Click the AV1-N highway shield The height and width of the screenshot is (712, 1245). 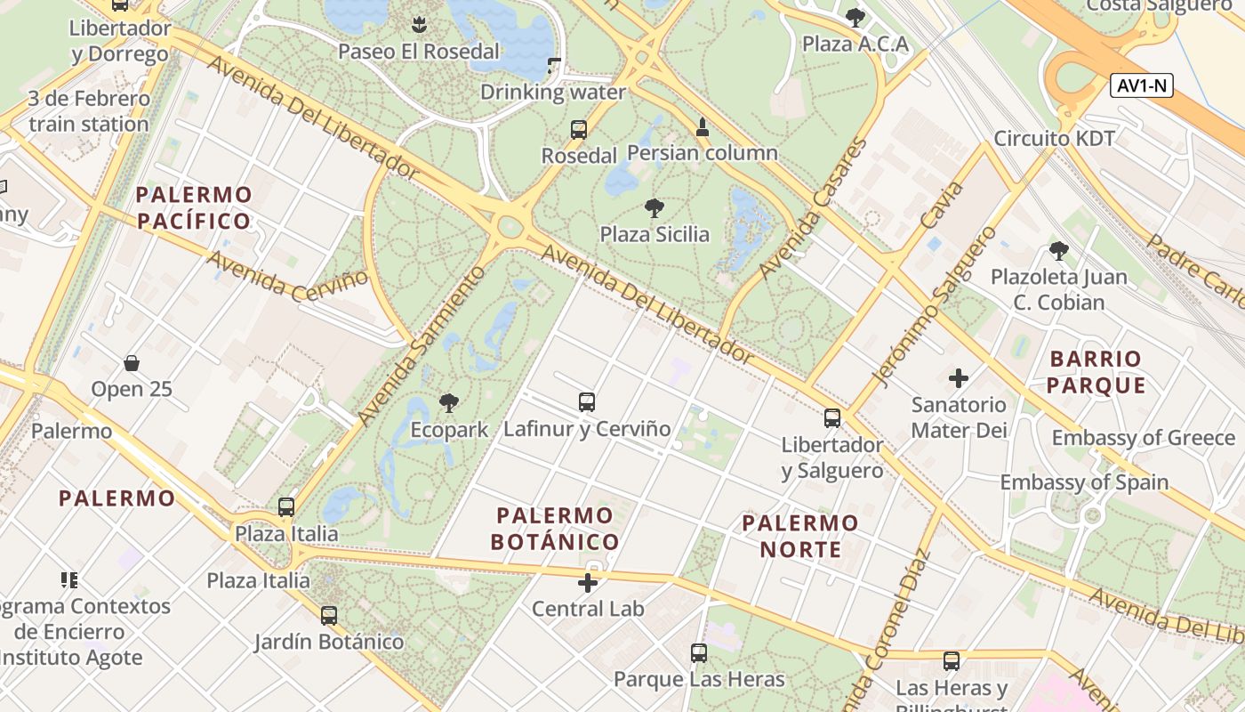[x=1142, y=86]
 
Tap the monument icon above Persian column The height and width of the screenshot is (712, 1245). [x=703, y=127]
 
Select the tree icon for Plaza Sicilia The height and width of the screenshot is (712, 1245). [x=655, y=209]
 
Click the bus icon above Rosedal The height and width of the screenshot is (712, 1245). [x=579, y=130]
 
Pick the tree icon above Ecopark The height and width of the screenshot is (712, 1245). [x=449, y=403]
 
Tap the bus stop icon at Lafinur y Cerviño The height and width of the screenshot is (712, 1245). [x=587, y=401]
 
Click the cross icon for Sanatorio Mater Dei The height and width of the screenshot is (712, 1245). [x=959, y=378]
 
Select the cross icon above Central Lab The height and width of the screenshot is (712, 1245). [x=588, y=583]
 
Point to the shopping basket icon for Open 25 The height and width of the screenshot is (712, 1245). [x=132, y=363]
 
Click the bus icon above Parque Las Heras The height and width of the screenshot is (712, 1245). [x=699, y=653]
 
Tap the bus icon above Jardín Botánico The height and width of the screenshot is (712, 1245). [x=329, y=615]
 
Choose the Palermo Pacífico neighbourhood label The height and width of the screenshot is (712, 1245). [x=195, y=207]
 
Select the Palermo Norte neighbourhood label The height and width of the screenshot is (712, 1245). [x=800, y=536]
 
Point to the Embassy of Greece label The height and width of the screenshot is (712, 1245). [x=1144, y=438]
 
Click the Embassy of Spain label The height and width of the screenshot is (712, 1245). [x=1084, y=482]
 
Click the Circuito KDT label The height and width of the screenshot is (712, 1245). [x=1054, y=139]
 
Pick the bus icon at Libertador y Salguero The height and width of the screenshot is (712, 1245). [x=832, y=418]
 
